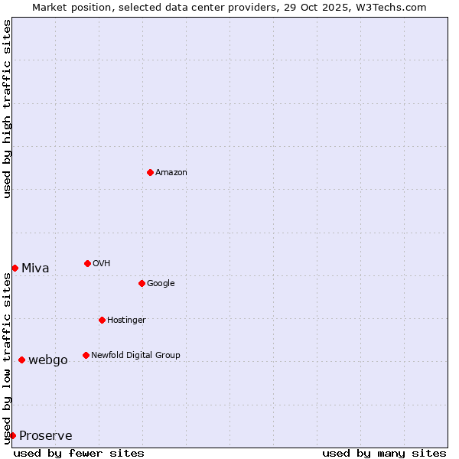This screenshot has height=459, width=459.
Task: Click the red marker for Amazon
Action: click(150, 172)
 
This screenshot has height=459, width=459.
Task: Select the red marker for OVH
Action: click(87, 263)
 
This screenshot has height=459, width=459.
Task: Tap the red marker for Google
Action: click(142, 283)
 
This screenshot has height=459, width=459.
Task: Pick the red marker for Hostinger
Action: click(102, 320)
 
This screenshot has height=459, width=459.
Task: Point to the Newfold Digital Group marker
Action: click(86, 355)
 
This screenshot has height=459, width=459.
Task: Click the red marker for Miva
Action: click(15, 268)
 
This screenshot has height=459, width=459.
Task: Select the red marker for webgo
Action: click(21, 360)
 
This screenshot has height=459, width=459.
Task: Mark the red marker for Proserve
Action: click(12, 435)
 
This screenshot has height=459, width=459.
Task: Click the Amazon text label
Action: click(171, 173)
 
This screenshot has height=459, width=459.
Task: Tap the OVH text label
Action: click(102, 264)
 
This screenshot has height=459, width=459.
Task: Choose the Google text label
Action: click(161, 284)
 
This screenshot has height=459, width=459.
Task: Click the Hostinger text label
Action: click(126, 321)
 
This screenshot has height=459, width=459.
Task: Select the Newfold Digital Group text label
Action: click(135, 356)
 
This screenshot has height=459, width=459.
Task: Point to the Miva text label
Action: click(35, 269)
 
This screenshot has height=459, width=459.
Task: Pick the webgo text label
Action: click(48, 360)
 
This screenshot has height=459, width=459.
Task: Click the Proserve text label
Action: click(46, 436)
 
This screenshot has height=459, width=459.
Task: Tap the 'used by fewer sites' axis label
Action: click(79, 453)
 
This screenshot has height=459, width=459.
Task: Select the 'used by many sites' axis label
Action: click(384, 453)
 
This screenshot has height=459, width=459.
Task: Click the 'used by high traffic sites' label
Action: click(8, 109)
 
